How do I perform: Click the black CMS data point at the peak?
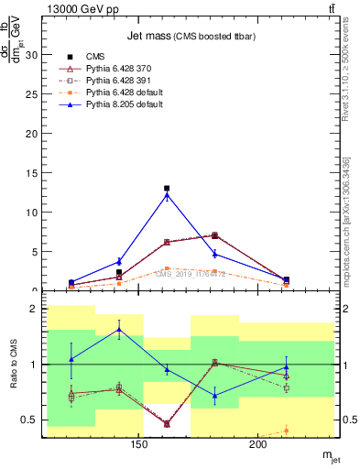coord(167,189)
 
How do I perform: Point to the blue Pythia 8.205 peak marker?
coord(167,195)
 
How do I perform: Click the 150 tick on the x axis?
coord(139,445)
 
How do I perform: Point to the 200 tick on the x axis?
coord(258,445)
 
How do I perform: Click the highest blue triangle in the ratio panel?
coord(119,330)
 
